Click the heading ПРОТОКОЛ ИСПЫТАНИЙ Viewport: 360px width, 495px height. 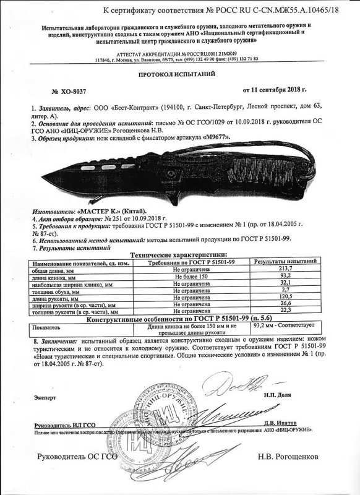pyautogui.click(x=179, y=73)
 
